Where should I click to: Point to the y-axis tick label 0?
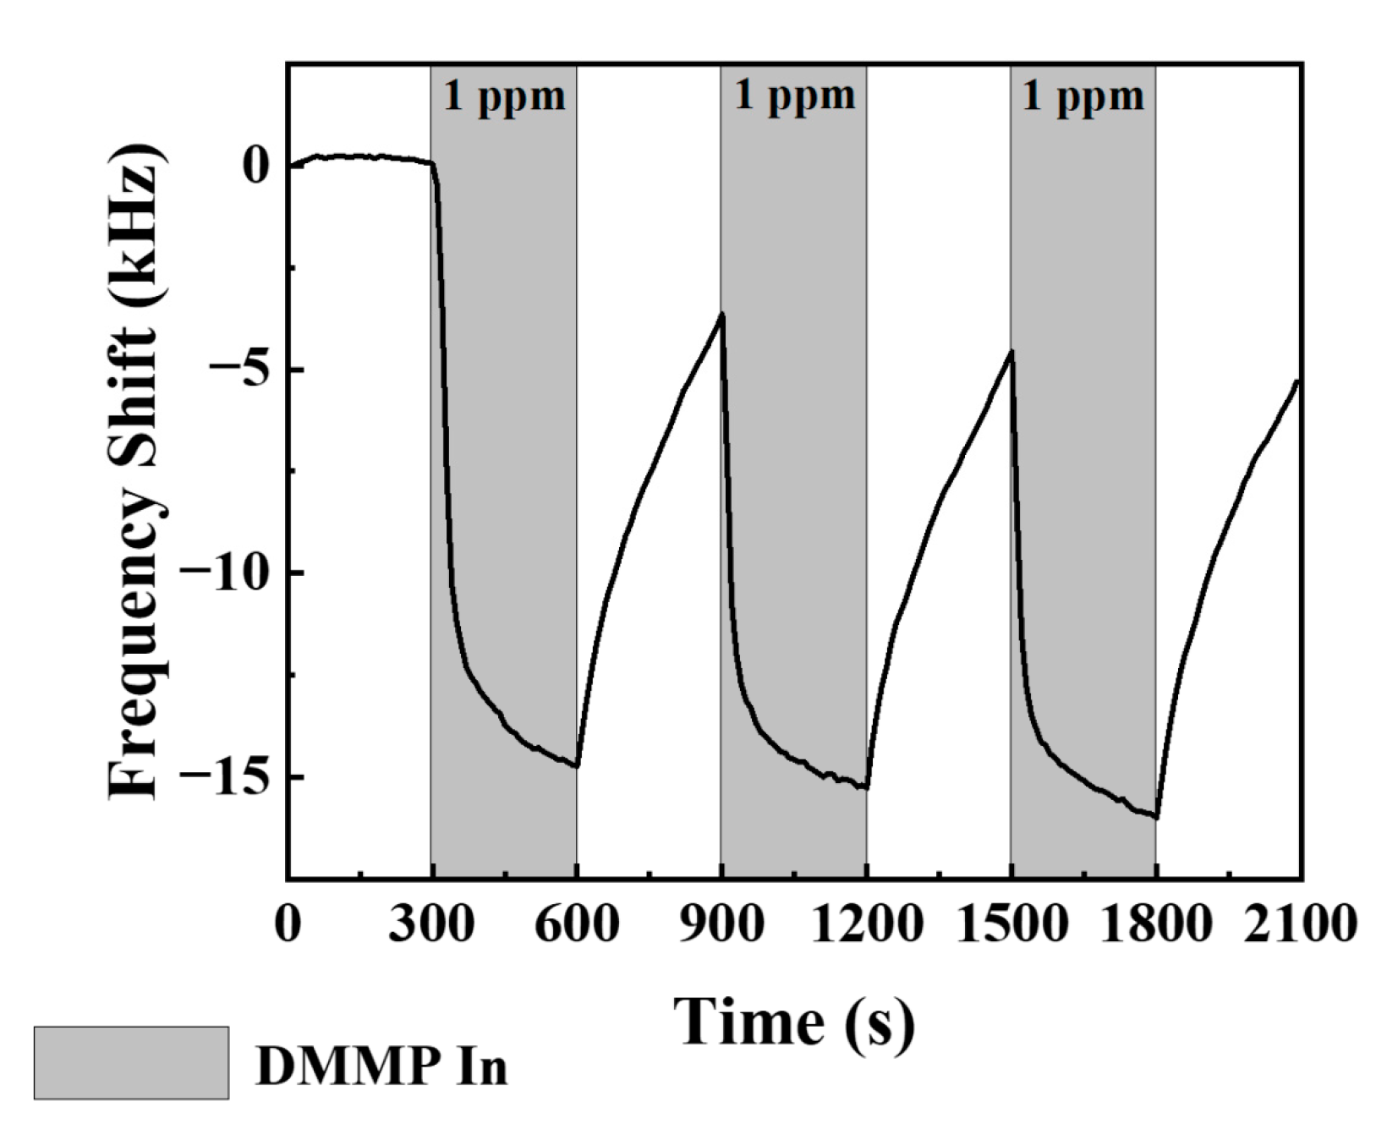tap(256, 167)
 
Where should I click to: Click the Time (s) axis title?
tap(794, 1021)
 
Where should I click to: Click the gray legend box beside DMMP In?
tap(131, 1062)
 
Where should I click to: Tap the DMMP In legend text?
tap(381, 1066)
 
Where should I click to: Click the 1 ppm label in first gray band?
tap(504, 96)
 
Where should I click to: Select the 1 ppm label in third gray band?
tap(1083, 96)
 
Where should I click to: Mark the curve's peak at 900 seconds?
tap(721, 314)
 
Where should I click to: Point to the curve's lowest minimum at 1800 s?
tap(1156, 818)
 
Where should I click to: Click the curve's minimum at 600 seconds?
tap(577, 766)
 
